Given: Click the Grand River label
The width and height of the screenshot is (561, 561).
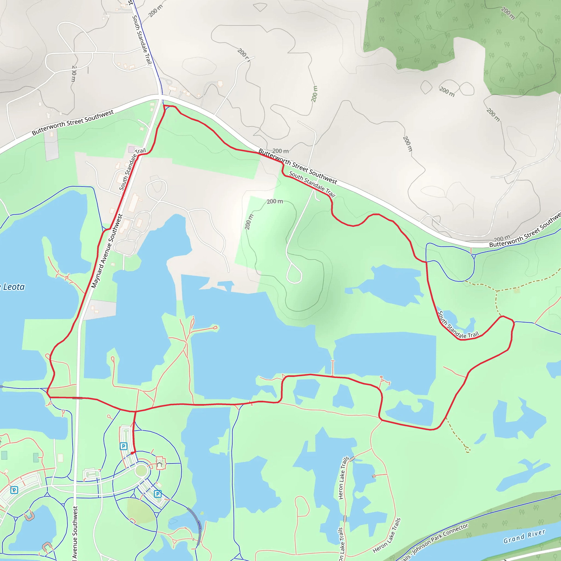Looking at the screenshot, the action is click(524, 536).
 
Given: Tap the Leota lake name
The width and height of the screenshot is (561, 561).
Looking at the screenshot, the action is click(14, 287).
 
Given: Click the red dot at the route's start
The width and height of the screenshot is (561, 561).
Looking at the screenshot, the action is click(132, 453).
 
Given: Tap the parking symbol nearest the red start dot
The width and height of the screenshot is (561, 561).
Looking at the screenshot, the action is click(124, 446).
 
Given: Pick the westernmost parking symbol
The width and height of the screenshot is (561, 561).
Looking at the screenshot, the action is click(14, 490).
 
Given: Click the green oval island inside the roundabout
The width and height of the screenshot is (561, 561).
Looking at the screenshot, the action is click(141, 470).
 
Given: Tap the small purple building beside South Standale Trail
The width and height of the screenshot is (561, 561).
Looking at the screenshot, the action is click(131, 150).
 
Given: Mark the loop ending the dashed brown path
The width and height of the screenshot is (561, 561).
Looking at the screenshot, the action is click(468, 450).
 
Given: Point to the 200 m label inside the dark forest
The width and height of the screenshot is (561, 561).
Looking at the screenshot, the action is click(508, 13).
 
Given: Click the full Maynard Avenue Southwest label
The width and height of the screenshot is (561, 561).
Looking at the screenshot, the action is click(107, 251).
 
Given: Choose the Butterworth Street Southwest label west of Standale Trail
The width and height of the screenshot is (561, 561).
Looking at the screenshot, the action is click(73, 122).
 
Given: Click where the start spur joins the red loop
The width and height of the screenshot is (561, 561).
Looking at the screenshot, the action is click(135, 411).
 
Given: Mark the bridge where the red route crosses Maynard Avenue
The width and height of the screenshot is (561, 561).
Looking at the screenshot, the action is click(77, 398).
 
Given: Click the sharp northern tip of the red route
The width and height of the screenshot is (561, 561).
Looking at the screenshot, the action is click(164, 106).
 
